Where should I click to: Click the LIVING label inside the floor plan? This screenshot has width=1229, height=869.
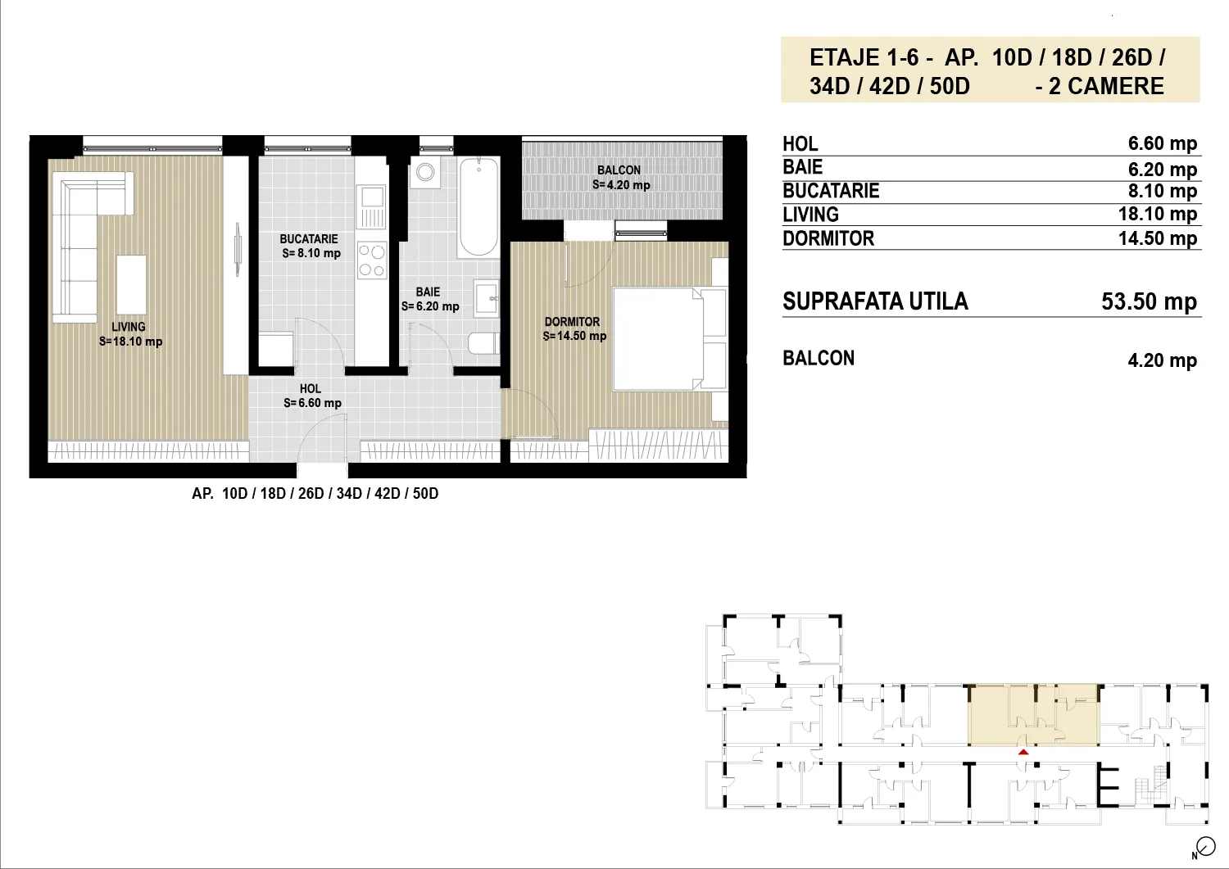pos(129,327)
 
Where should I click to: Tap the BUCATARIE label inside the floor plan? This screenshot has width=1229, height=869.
pos(309,239)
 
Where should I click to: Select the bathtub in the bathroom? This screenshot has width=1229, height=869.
pos(478,207)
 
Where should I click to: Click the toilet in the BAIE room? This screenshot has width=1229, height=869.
pos(484,343)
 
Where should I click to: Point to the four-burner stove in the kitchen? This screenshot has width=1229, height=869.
pos(371,260)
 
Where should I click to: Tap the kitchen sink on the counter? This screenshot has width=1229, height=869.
pos(371,206)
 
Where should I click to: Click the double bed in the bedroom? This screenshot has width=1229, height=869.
pos(670,339)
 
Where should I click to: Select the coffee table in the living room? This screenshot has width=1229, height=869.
pos(131,284)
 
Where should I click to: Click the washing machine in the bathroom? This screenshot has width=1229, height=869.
pos(424,172)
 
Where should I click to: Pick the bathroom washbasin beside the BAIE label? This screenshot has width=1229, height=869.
pos(487,299)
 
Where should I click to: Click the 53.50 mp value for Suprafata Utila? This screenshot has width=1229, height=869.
pos(1149,301)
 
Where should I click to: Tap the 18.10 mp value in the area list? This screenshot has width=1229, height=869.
pos(1158,214)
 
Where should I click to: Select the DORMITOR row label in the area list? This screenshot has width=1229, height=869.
pos(828,238)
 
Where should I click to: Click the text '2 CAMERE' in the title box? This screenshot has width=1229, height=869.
pos(1106,86)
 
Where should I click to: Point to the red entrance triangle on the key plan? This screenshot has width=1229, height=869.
pos(1023,752)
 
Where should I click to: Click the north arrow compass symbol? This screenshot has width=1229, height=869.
pos(1205,847)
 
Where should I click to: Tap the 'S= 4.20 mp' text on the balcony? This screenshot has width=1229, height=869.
pos(621,185)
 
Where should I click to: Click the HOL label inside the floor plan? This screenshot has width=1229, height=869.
pos(310,389)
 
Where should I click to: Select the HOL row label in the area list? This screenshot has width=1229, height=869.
pos(800,143)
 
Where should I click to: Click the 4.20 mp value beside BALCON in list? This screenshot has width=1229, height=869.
pos(1163,360)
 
